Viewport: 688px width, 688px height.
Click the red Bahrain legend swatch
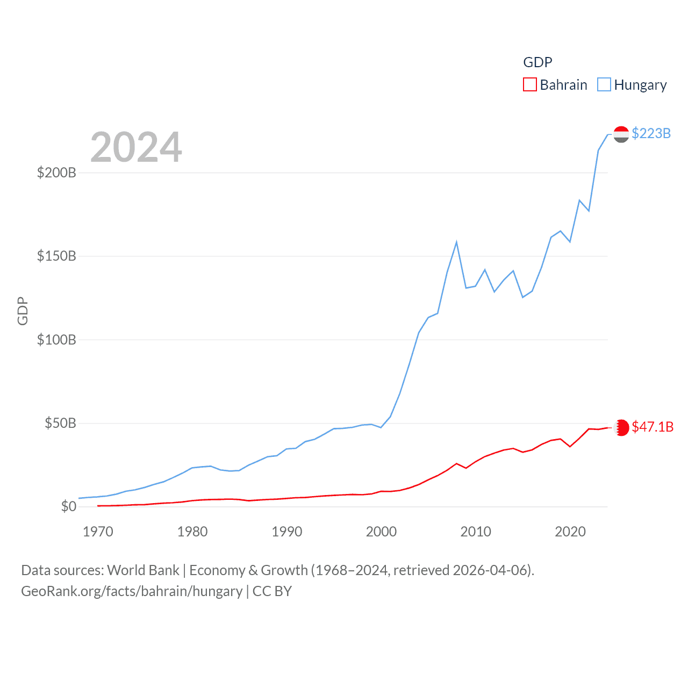[x=529, y=85]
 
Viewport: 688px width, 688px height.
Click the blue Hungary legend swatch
[x=604, y=85]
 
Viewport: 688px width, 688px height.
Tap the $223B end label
[x=651, y=133]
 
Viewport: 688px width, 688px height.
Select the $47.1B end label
[x=653, y=427]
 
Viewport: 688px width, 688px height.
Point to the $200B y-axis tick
[x=56, y=173]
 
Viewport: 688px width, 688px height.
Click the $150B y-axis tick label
[x=56, y=256]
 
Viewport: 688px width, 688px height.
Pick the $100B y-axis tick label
[x=56, y=340]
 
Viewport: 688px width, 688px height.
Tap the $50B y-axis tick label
[x=60, y=423]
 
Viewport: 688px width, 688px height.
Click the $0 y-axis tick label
[x=68, y=506]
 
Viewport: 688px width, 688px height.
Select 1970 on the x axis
[x=98, y=532]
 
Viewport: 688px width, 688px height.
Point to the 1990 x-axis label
[x=287, y=532]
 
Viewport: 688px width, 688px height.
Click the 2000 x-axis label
[x=381, y=532]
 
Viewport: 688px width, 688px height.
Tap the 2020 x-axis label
[x=570, y=532]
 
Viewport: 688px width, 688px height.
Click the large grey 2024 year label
[x=136, y=147]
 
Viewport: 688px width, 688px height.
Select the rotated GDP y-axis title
[x=23, y=311]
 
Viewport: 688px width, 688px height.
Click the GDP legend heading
[x=537, y=62]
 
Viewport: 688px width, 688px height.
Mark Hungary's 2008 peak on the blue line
[x=456, y=242]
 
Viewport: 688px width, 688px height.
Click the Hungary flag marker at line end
[x=621, y=134]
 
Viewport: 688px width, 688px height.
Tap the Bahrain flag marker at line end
[x=621, y=427]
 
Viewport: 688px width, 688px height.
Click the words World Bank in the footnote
[x=143, y=570]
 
